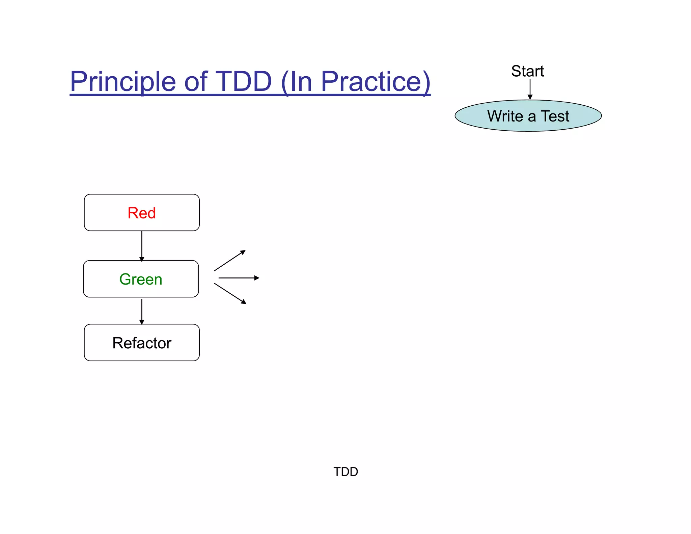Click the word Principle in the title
[x=123, y=82]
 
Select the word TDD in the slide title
[x=243, y=82]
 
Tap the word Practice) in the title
[x=375, y=82]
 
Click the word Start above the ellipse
[x=527, y=71]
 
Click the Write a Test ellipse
[x=528, y=116]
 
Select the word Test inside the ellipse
[x=555, y=116]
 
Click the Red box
[x=142, y=213]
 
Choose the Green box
[x=141, y=279]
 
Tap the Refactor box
[x=142, y=343]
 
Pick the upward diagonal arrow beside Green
[x=229, y=261]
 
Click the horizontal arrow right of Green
[x=238, y=278]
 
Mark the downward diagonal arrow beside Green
[x=230, y=293]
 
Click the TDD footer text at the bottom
[x=345, y=472]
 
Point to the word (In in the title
[x=297, y=82]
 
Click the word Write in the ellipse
[x=505, y=116]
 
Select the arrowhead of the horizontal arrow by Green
[x=257, y=278]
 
